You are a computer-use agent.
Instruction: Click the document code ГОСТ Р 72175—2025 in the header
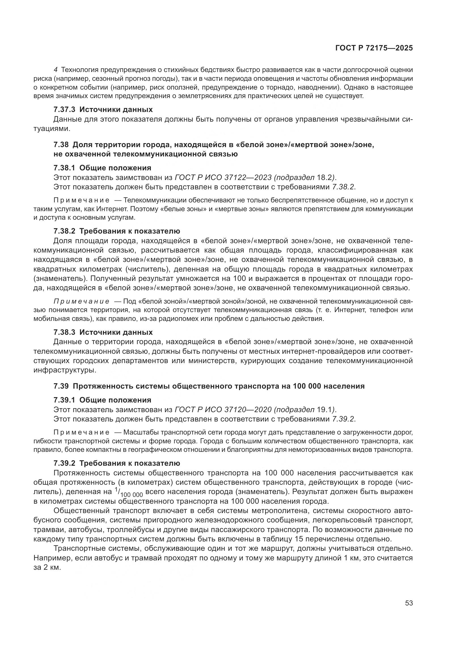[374, 48]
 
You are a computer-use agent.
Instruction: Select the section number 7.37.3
[64, 110]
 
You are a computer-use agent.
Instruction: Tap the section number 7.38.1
[64, 168]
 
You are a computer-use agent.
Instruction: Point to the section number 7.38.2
[64, 231]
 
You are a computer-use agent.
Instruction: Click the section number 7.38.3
[64, 332]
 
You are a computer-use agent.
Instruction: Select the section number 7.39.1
[64, 400]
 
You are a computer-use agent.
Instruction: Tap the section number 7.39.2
[64, 463]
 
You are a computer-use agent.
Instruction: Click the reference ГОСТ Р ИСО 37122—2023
[223, 177]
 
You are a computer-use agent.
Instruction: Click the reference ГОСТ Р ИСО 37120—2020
[223, 410]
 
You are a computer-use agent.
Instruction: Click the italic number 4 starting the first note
[56, 70]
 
